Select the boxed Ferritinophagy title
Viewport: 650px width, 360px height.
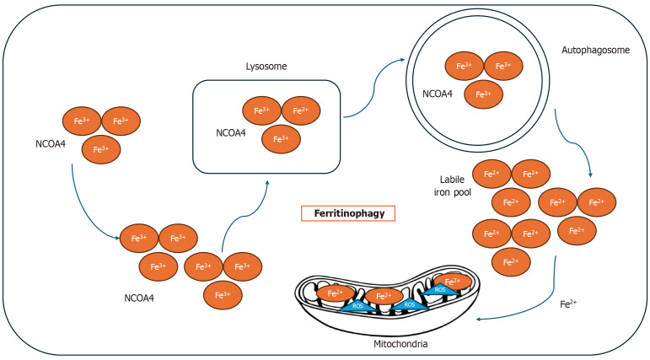click(347, 214)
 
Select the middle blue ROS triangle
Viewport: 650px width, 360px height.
click(408, 304)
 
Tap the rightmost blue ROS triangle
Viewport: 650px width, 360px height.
click(440, 290)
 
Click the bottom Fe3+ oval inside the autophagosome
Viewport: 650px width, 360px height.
click(484, 94)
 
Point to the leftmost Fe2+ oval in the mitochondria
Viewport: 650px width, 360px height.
click(336, 295)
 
